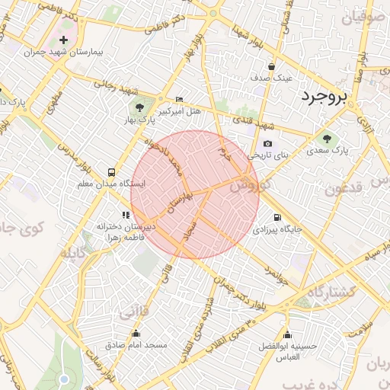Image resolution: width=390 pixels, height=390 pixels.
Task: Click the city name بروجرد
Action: tap(323, 97)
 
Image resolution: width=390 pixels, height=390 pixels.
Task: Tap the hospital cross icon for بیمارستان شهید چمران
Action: tap(63, 40)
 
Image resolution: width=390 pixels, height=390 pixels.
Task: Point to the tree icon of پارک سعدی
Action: tap(327, 139)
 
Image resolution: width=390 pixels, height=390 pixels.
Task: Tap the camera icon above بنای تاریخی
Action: tap(267, 143)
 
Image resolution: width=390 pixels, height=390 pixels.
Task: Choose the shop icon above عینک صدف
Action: tap(272, 66)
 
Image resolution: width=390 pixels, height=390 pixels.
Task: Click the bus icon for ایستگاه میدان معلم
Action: tap(112, 172)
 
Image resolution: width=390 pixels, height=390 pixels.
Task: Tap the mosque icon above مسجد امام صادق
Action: tap(136, 333)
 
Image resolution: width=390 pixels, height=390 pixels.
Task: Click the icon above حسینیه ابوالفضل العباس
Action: tap(287, 334)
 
